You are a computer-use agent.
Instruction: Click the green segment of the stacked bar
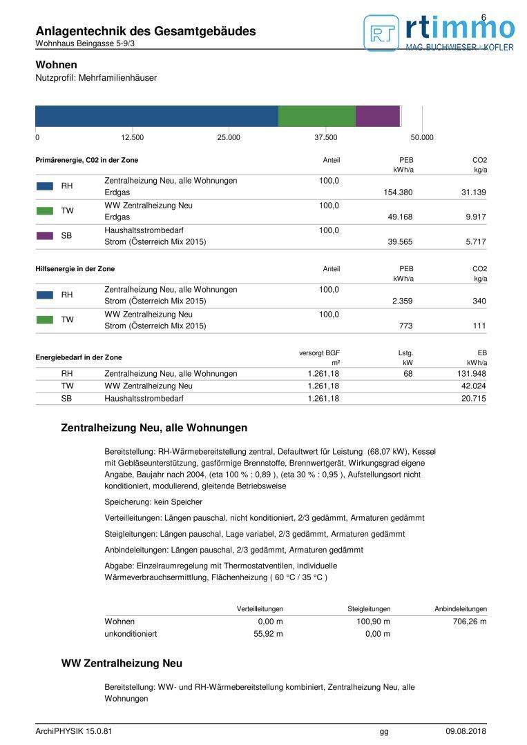(x=316, y=116)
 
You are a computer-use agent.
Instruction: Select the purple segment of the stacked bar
(x=377, y=116)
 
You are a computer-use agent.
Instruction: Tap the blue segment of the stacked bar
(x=156, y=116)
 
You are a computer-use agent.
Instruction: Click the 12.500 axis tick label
(x=132, y=137)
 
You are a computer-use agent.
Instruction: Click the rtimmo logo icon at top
(x=381, y=32)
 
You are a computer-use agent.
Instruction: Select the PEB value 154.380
(x=397, y=192)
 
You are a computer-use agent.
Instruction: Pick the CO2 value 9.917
(x=475, y=217)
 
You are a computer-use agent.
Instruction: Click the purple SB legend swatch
(x=45, y=235)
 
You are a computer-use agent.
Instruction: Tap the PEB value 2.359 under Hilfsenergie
(x=402, y=301)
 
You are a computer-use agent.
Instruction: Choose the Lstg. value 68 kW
(x=408, y=374)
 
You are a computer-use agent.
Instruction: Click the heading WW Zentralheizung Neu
(x=122, y=664)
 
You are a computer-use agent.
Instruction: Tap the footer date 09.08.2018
(x=466, y=731)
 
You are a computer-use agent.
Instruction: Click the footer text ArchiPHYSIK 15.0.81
(x=73, y=731)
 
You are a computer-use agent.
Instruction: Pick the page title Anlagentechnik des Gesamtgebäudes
(x=145, y=31)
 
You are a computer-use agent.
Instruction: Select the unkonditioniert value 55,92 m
(x=268, y=634)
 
